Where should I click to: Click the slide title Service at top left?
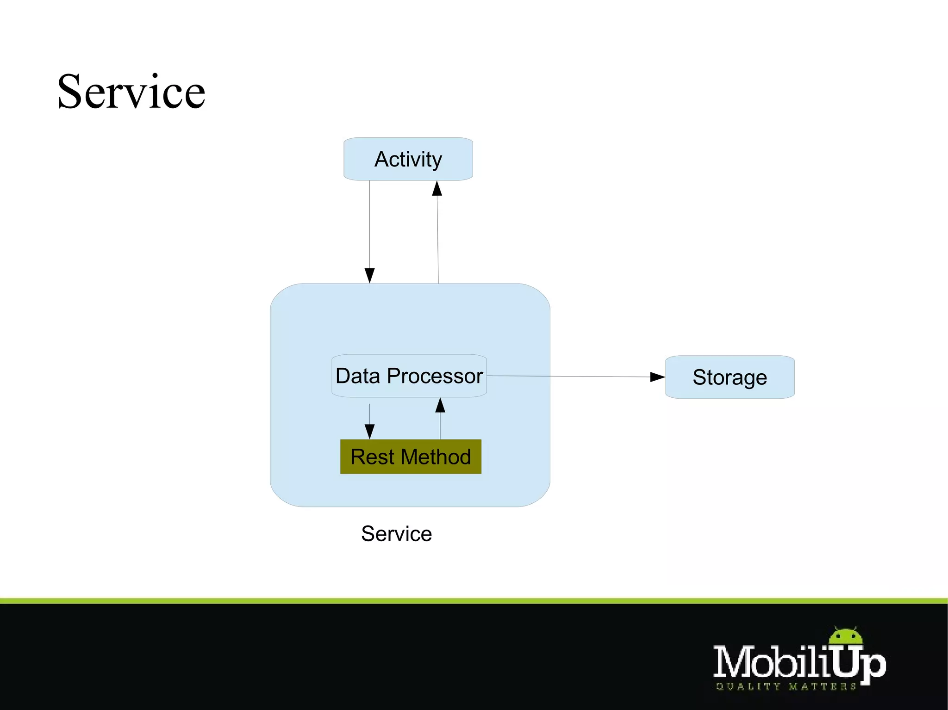coord(131,92)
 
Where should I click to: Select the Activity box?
coord(408,159)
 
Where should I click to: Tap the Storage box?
coord(730,377)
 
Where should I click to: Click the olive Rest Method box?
coord(411,457)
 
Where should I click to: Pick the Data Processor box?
coord(409,376)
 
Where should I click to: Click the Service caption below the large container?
coord(396,534)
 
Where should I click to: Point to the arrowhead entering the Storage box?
coord(657,377)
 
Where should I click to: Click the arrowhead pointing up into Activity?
coord(437,188)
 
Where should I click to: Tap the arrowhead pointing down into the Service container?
coord(369,276)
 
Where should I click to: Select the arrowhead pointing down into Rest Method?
coord(369,432)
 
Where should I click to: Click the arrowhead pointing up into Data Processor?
coord(440,405)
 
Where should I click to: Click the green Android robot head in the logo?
coord(846,637)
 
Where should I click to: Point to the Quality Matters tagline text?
coord(786,687)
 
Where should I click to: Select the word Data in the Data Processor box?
coord(358,376)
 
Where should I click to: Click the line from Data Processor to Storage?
coord(569,377)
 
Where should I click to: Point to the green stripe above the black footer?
coord(474,600)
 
